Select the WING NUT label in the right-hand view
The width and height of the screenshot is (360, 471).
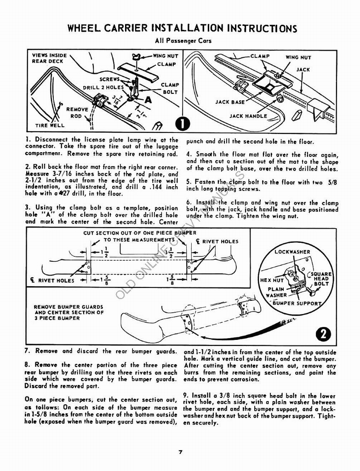(298, 57)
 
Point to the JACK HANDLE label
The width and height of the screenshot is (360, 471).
(248, 116)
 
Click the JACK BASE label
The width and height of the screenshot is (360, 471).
(230, 102)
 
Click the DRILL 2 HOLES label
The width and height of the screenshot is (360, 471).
(103, 87)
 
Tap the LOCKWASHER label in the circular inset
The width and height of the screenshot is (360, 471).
(292, 252)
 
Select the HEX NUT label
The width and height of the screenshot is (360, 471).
(272, 280)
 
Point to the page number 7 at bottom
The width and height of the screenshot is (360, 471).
(181, 452)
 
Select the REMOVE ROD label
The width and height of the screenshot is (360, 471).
(77, 113)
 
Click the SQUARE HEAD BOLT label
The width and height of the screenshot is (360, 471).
(321, 279)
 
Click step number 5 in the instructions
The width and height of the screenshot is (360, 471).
(189, 182)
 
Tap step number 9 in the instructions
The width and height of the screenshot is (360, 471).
(185, 395)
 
